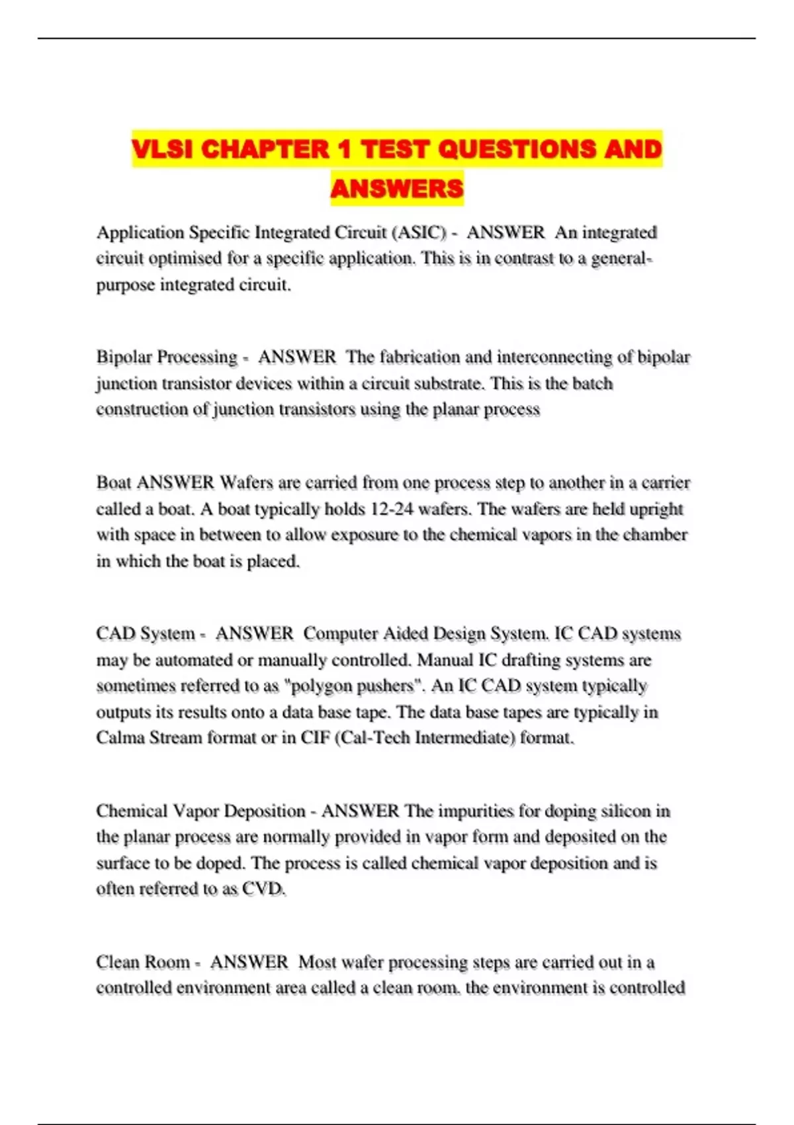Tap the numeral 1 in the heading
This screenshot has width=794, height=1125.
tap(343, 150)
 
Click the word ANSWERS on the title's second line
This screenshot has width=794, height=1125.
tap(397, 189)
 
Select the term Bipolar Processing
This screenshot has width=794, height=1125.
tap(167, 357)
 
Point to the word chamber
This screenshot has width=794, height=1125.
tap(652, 535)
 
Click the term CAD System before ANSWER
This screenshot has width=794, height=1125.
tap(146, 634)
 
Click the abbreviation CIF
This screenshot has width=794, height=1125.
tap(315, 738)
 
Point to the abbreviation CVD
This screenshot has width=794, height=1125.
tap(263, 889)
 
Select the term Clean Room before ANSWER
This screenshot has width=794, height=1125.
tap(143, 962)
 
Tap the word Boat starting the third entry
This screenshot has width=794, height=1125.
tap(114, 482)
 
